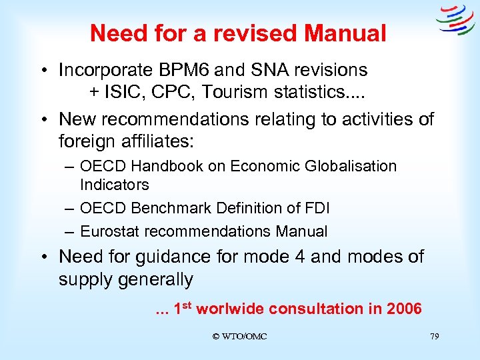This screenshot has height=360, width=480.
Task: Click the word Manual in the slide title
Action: [347, 33]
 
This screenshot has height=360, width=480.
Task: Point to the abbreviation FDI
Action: [315, 208]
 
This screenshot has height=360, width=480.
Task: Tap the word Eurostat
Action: [107, 232]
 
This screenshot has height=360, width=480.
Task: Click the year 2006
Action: [402, 309]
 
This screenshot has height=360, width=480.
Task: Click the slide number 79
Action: [434, 337]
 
